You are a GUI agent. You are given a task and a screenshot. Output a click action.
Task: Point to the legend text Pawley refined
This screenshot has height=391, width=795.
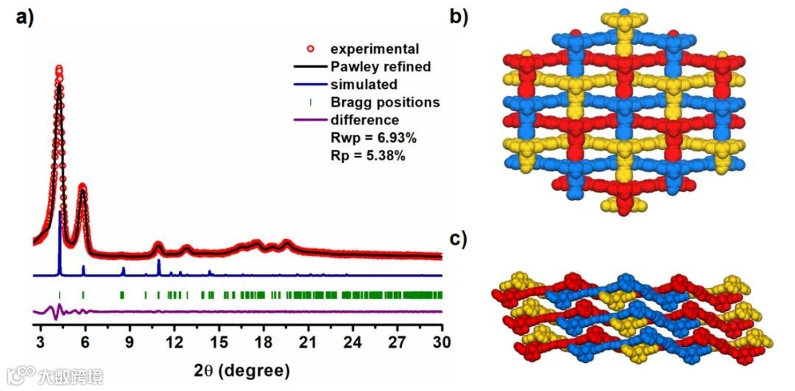[x=380, y=67]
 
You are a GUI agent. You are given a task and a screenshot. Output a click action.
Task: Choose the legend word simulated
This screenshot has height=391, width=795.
[x=364, y=85]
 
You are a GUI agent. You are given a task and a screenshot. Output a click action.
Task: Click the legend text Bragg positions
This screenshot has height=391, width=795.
[x=384, y=102]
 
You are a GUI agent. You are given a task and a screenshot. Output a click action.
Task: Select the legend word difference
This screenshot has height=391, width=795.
[x=365, y=120]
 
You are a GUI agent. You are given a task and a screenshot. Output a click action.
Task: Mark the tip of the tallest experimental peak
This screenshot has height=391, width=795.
[x=59, y=68]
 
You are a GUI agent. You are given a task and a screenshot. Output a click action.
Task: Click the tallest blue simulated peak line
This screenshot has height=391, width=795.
[x=60, y=243]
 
